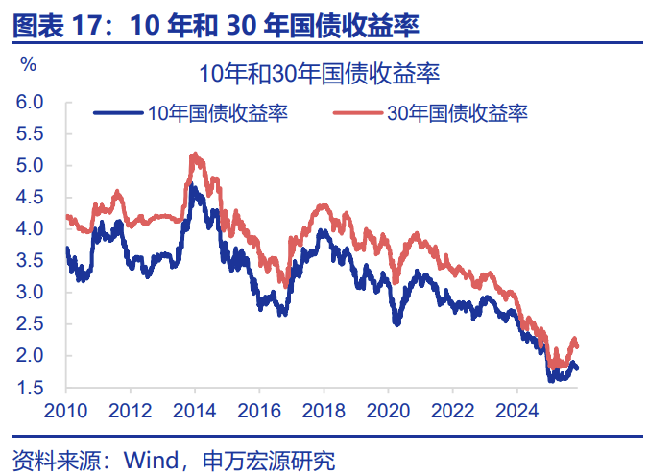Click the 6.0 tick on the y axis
(x=30, y=102)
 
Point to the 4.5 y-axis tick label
(x=30, y=197)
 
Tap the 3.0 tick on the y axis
(x=30, y=292)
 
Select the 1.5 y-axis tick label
(x=30, y=388)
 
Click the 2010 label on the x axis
(x=66, y=410)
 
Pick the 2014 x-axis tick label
(x=195, y=410)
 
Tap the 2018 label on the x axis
(x=324, y=410)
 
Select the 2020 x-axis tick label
(x=388, y=410)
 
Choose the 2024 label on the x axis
(x=516, y=410)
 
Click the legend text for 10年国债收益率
(x=218, y=114)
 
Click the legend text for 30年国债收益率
(x=458, y=114)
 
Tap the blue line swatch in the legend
(x=118, y=114)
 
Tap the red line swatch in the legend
(x=358, y=114)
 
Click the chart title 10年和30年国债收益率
(x=319, y=74)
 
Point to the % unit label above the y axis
(x=28, y=65)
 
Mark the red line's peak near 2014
(x=195, y=154)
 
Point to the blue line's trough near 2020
(x=396, y=323)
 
